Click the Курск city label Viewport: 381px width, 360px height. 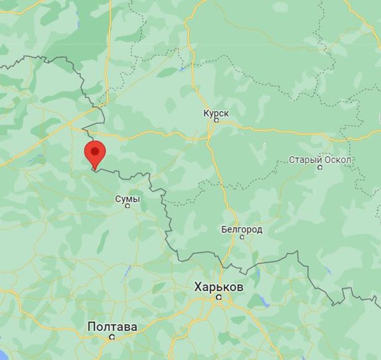click(x=216, y=113)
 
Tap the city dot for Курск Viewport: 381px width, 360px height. click(x=216, y=121)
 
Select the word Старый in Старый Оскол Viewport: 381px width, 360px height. click(x=303, y=160)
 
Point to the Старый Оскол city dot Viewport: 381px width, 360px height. click(x=320, y=167)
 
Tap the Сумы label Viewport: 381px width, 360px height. click(x=127, y=199)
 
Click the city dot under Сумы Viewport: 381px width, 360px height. click(x=128, y=206)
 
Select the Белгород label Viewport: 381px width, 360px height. click(x=241, y=229)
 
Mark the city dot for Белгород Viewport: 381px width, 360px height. click(x=241, y=237)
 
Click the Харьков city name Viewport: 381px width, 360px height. click(x=219, y=287)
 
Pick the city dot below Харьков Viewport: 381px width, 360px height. click(x=219, y=297)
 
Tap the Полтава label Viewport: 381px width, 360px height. click(x=112, y=327)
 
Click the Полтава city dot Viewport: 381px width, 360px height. click(x=111, y=337)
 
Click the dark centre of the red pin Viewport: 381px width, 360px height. click(x=95, y=150)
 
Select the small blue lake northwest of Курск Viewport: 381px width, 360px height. click(x=182, y=68)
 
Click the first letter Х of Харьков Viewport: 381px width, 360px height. click(x=198, y=287)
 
